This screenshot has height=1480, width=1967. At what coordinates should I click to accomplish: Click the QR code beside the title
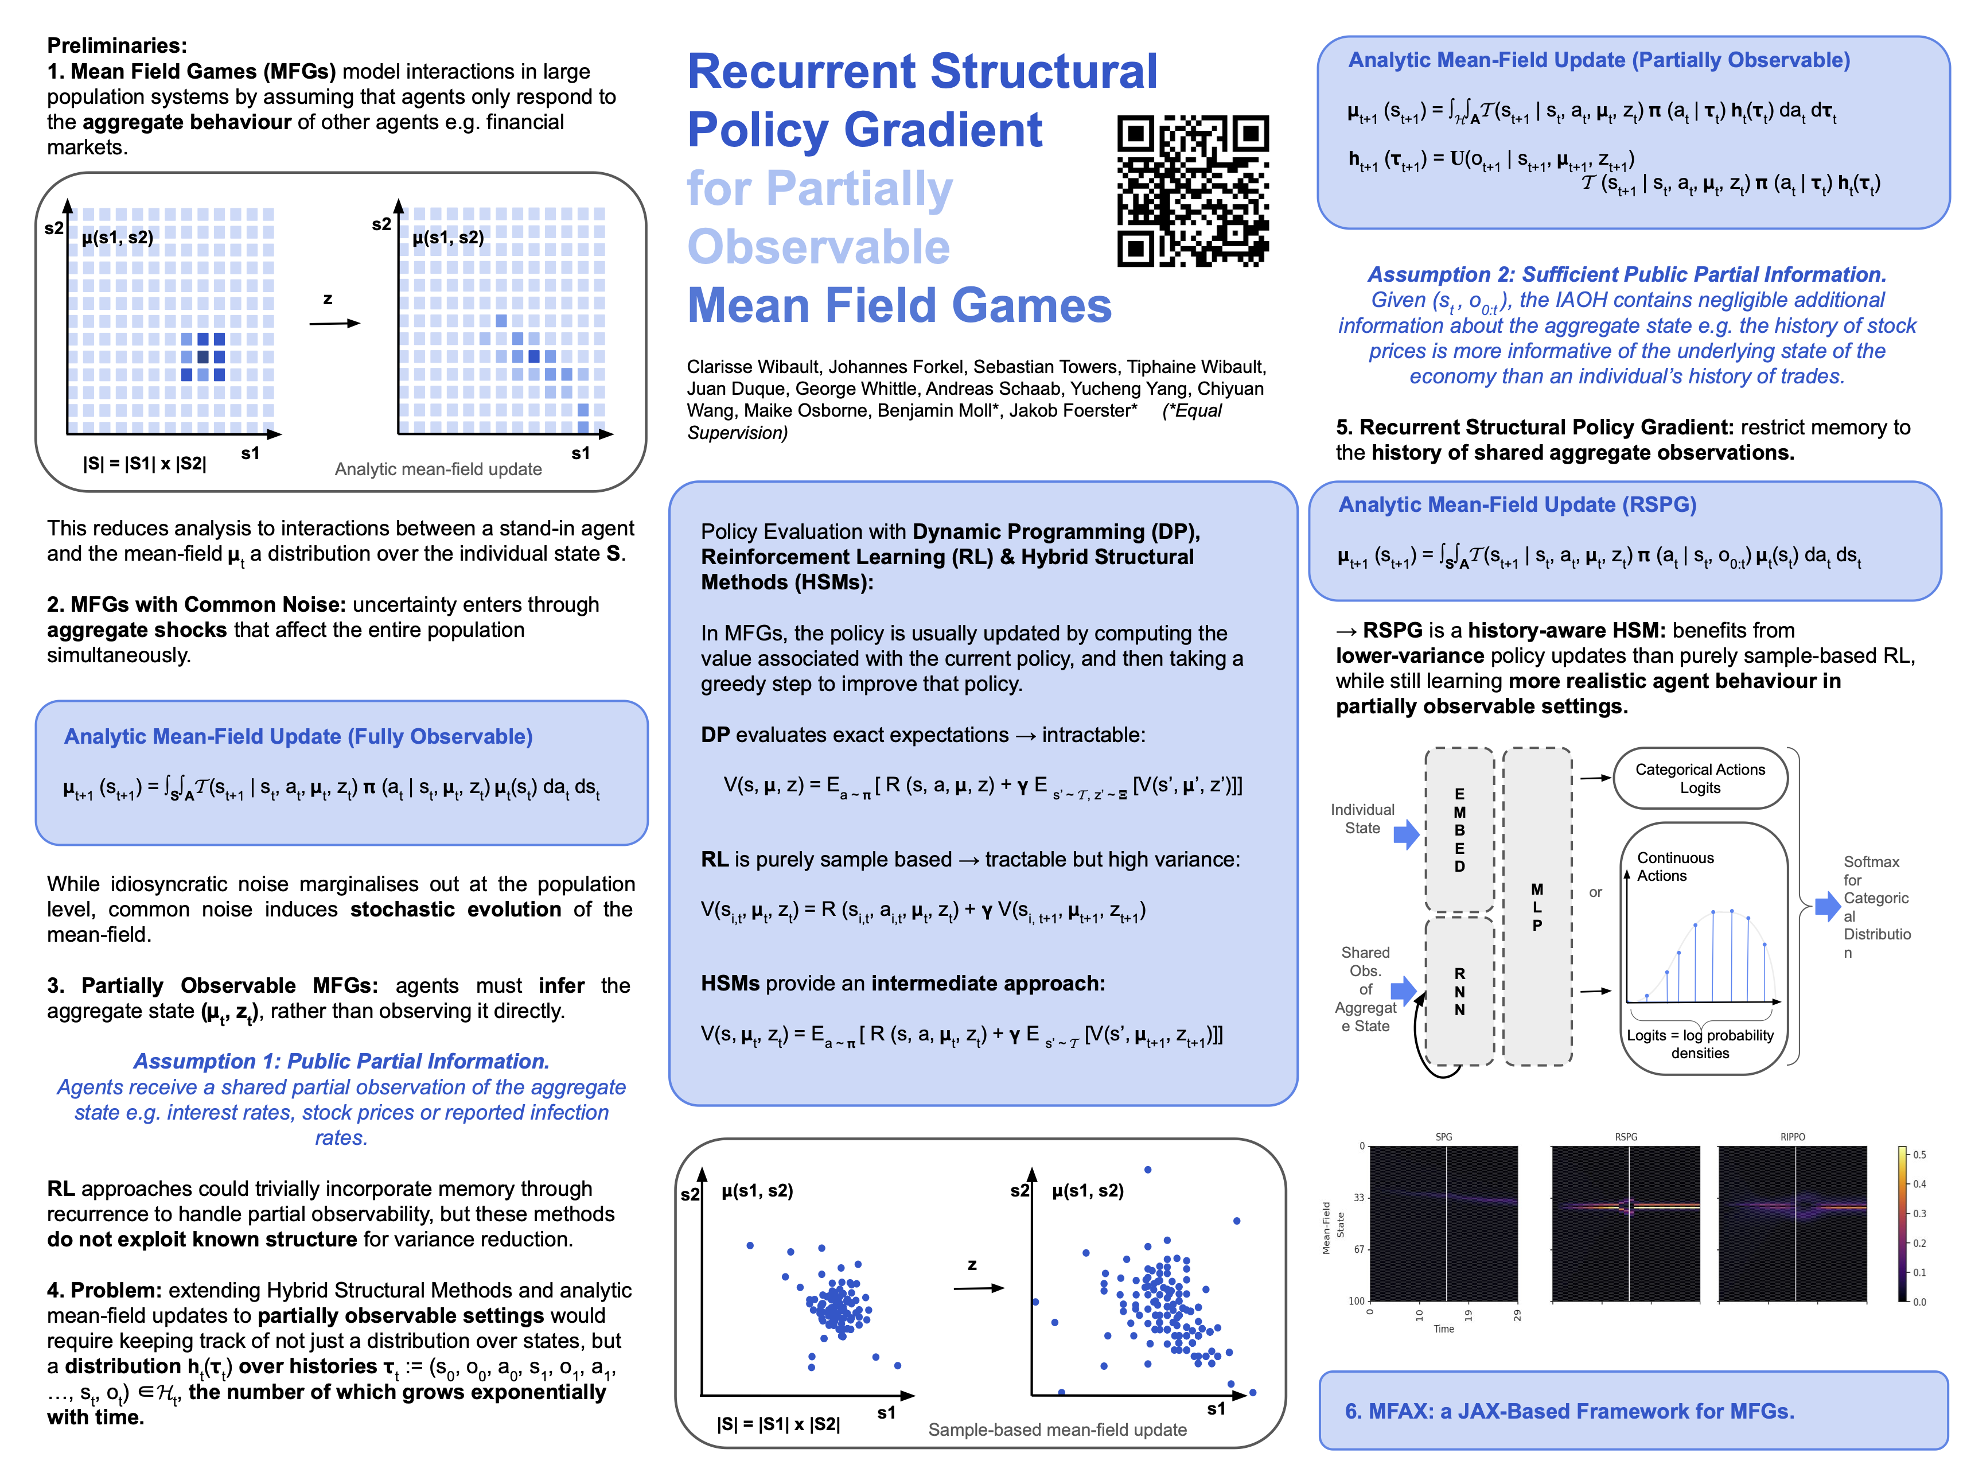click(x=1193, y=191)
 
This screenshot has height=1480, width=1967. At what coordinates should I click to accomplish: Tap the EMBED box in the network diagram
click(x=1459, y=829)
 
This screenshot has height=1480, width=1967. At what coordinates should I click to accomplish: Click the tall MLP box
click(x=1537, y=906)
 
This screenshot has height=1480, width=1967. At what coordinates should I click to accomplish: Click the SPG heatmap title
click(x=1443, y=1137)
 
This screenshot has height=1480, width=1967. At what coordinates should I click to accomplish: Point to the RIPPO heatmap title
click(x=1792, y=1137)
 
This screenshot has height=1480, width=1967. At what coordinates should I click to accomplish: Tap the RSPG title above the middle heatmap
click(x=1626, y=1137)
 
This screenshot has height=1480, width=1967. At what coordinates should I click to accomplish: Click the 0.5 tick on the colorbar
click(x=1919, y=1155)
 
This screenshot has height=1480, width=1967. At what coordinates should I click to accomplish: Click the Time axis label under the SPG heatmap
click(x=1443, y=1329)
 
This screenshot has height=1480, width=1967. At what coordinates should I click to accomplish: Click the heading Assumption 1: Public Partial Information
click(x=341, y=1061)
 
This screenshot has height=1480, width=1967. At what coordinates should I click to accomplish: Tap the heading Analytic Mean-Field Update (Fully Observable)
click(x=298, y=736)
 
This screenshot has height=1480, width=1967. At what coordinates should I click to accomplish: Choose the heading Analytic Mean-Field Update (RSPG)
click(x=1517, y=504)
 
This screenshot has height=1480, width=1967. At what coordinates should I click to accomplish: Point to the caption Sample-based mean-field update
click(x=1057, y=1429)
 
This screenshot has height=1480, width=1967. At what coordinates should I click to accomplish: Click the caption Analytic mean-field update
click(x=438, y=469)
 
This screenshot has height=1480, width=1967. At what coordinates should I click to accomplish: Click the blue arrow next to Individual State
click(x=1406, y=834)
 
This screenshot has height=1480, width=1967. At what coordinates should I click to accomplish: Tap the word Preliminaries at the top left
click(x=116, y=45)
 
